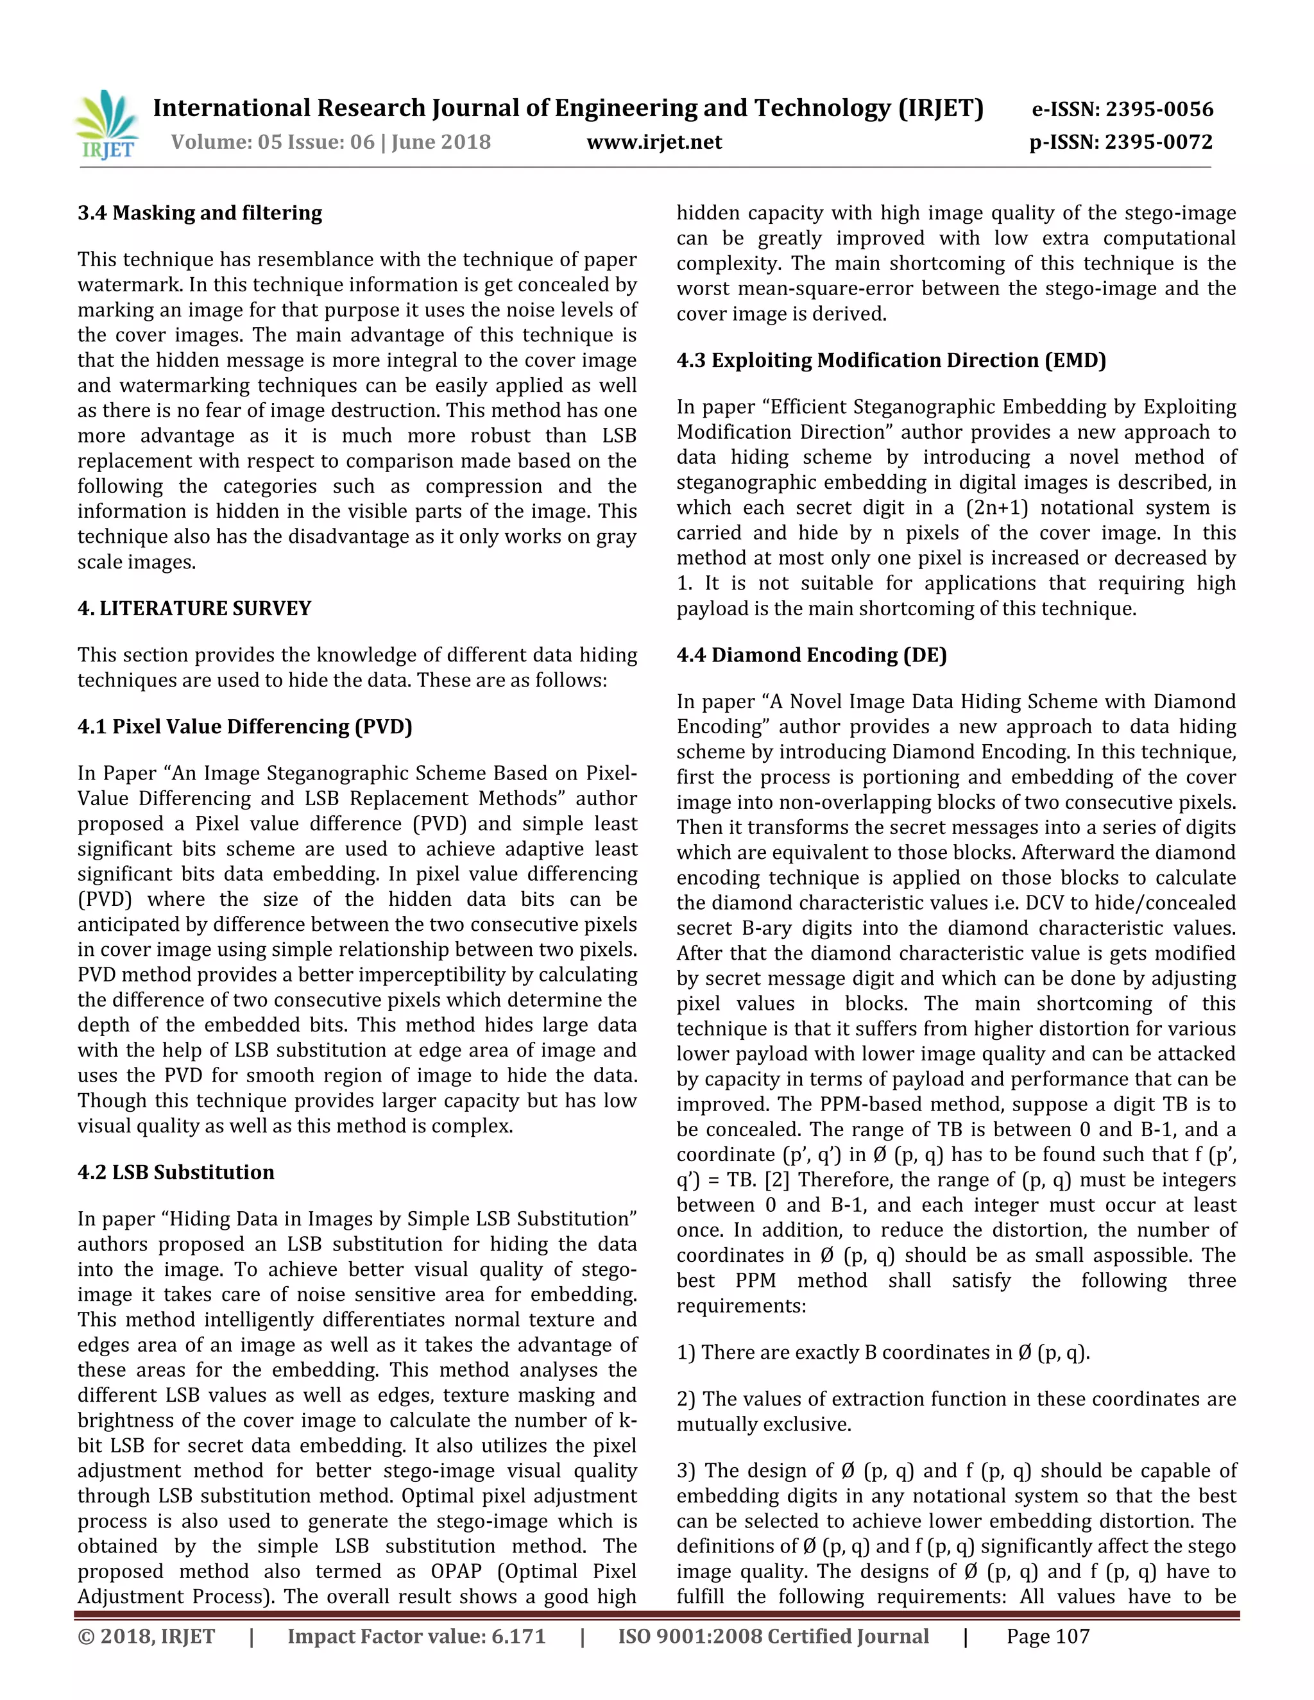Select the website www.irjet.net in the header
click(654, 142)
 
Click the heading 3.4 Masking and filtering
click(200, 212)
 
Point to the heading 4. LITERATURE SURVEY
click(194, 608)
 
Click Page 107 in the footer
click(1048, 1636)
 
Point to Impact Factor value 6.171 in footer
click(416, 1636)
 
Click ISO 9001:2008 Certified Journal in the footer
click(773, 1636)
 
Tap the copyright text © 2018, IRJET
click(146, 1636)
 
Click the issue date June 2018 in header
click(441, 142)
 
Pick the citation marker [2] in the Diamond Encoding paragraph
click(778, 1179)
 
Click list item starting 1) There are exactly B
click(883, 1352)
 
